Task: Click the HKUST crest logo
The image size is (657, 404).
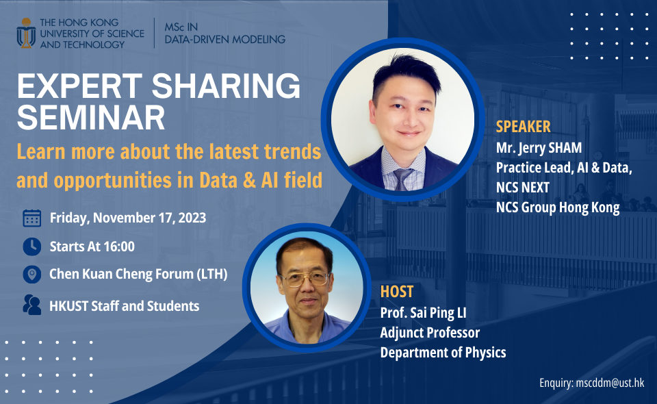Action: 26,34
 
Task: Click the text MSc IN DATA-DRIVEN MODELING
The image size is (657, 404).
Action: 224,33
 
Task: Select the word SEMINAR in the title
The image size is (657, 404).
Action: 91,118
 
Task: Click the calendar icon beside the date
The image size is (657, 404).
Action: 31,218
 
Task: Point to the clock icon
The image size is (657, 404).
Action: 31,246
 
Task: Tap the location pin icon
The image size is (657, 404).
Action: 31,275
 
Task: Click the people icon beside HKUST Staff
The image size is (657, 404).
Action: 31,305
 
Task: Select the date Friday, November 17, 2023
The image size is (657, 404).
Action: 128,218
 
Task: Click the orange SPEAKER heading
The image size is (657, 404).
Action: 524,127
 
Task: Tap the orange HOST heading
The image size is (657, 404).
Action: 397,292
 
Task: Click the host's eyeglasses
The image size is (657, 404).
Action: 305,278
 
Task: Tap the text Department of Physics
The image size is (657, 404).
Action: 443,353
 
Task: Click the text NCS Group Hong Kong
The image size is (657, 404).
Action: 558,208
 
